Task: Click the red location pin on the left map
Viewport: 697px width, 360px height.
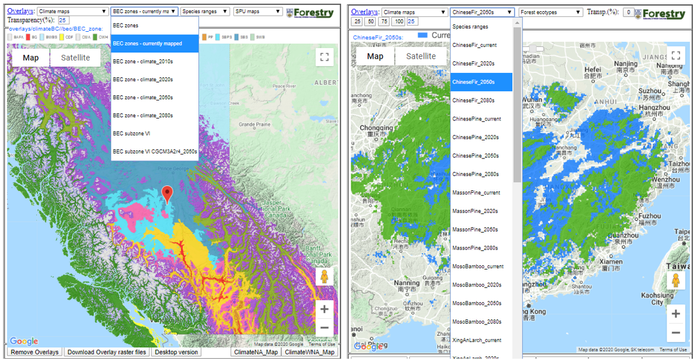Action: (x=167, y=194)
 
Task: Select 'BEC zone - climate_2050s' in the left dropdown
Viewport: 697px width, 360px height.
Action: (x=143, y=97)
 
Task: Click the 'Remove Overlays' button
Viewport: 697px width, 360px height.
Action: (x=35, y=352)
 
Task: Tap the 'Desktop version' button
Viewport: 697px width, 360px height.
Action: (x=176, y=352)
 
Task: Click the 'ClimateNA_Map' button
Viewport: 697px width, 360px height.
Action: (x=255, y=352)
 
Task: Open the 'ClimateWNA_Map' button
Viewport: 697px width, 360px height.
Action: (x=310, y=352)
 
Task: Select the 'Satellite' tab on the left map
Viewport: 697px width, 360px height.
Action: (x=76, y=58)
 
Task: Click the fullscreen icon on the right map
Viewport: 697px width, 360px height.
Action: (x=675, y=56)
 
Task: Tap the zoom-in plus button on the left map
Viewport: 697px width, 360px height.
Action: (x=324, y=309)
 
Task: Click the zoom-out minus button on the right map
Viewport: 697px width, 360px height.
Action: (x=675, y=333)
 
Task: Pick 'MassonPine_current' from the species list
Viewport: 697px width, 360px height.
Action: (x=476, y=193)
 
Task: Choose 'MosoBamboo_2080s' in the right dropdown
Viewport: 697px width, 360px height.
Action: (x=477, y=322)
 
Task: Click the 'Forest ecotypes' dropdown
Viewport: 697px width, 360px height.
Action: (x=550, y=12)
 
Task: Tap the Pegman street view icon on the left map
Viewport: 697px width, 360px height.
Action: (x=323, y=276)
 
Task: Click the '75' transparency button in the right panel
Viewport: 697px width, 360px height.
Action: (x=384, y=22)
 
